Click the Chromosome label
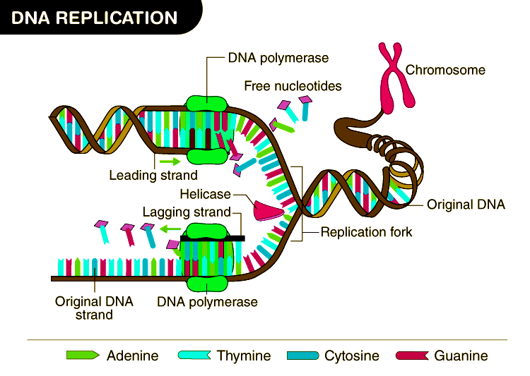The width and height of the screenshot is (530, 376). click(445, 70)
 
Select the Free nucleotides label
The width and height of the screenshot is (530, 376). click(293, 86)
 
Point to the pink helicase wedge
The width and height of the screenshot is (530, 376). click(268, 210)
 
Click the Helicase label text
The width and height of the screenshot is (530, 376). click(205, 194)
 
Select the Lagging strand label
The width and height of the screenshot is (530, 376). click(187, 212)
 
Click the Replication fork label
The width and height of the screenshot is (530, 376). click(366, 231)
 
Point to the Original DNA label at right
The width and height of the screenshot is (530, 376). click(466, 205)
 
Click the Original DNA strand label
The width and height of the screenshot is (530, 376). click(94, 308)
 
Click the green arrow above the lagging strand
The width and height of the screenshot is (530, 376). click(168, 229)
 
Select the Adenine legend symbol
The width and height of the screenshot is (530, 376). click(82, 355)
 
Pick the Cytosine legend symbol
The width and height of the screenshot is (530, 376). click(302, 355)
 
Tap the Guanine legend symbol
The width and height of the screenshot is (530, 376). click(412, 355)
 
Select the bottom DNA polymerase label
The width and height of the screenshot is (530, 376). click(207, 302)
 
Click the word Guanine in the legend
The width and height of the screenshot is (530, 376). click(461, 356)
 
